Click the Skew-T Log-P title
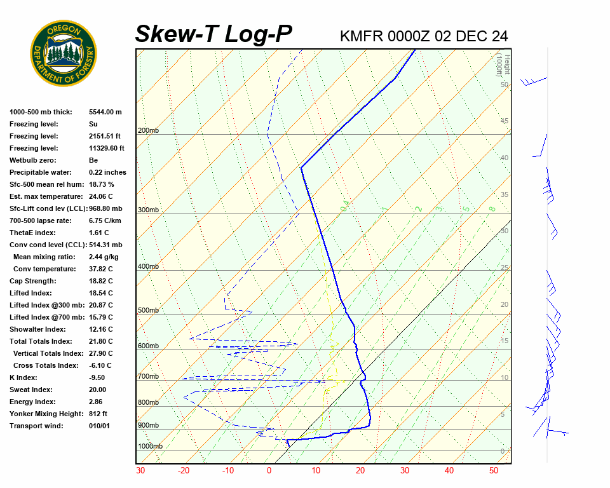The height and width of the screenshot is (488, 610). coord(214,34)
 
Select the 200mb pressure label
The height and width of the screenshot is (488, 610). coord(148,131)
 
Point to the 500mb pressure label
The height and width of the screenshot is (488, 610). coord(148,311)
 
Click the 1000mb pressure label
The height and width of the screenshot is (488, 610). coord(150,447)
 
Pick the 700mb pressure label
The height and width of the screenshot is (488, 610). coord(148,377)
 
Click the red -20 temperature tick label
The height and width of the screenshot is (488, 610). coord(184,471)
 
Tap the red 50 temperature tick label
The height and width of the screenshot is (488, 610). coord(494,471)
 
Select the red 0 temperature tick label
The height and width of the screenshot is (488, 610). coord(269,471)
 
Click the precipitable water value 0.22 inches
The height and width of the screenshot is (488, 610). coord(107,172)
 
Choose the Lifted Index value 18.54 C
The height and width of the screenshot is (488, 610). coord(100,293)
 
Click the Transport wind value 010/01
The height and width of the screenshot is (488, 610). coord(99,426)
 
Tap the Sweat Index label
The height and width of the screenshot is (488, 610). coord(30,390)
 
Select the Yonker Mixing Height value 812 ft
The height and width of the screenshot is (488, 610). coord(98,414)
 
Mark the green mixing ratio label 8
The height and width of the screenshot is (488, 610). coord(492,208)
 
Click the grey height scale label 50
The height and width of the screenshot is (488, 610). coord(505,85)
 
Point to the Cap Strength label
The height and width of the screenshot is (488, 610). coord(33,281)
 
